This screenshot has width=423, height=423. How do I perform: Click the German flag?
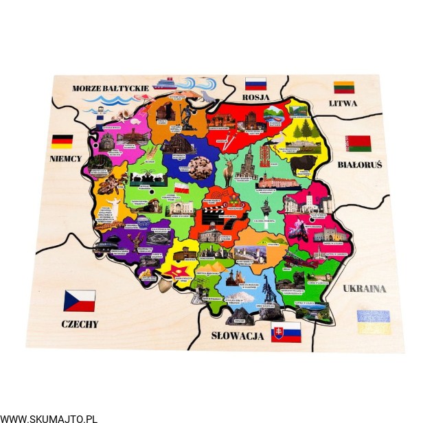tap(62, 141)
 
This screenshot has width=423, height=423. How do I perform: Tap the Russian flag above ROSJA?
tap(255, 84)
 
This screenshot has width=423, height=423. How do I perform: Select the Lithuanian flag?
tap(344, 87)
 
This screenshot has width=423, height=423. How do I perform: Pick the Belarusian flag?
tap(358, 144)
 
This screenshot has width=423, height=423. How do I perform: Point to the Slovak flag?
tap(286, 332)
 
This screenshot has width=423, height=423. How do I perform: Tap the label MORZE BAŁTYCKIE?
tap(111, 89)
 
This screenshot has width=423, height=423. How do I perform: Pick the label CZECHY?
tap(80, 324)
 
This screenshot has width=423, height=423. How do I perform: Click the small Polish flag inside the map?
tap(181, 187)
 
